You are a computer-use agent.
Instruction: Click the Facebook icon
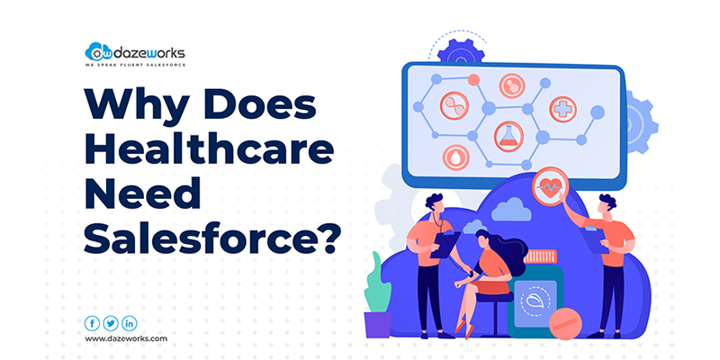[x=93, y=324]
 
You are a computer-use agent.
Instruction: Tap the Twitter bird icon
[x=111, y=324]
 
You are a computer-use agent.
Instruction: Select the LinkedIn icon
[x=130, y=324]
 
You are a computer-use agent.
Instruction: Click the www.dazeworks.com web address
[x=126, y=339]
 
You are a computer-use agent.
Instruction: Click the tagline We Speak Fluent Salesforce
[x=136, y=65]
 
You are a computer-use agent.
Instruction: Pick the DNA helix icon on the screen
[x=454, y=105]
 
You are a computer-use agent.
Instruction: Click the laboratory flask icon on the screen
[x=508, y=137]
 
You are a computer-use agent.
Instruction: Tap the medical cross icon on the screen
[x=563, y=109]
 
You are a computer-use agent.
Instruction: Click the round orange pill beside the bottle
[x=565, y=324]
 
